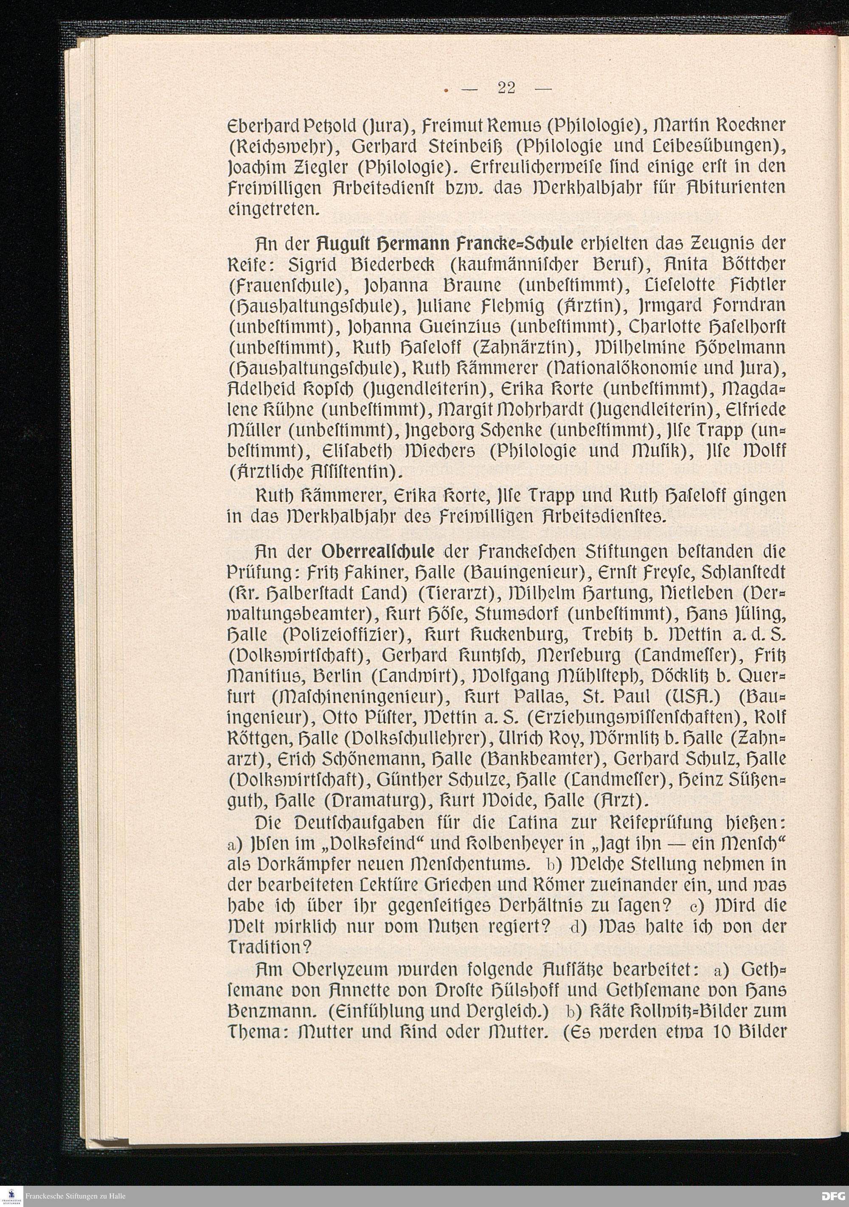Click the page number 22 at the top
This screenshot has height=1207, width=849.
pos(507,88)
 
